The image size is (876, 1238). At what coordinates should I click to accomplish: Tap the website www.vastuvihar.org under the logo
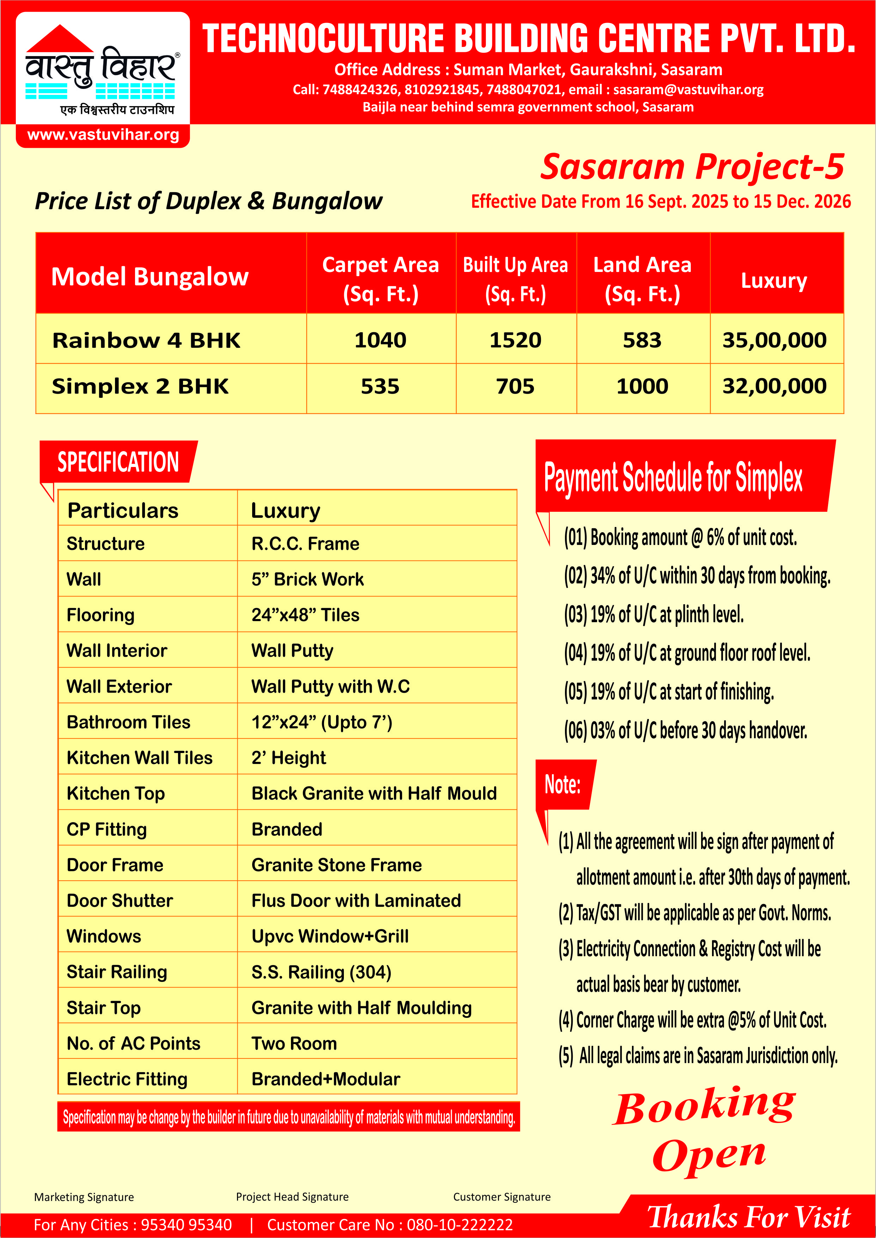tap(103, 134)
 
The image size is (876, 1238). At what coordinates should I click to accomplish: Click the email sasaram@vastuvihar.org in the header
tap(688, 90)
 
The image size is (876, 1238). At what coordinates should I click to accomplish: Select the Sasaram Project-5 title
tap(692, 167)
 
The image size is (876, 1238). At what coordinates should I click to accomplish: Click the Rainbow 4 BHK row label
tap(146, 340)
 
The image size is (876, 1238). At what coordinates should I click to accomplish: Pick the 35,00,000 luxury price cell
tap(774, 340)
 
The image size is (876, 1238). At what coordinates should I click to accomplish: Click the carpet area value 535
tap(380, 386)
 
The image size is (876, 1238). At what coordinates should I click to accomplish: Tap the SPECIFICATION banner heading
tap(118, 462)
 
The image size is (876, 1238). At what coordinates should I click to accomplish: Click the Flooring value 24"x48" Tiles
tap(305, 615)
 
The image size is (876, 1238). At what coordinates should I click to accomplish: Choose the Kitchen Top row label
tap(115, 794)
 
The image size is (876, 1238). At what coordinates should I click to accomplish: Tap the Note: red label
tap(562, 784)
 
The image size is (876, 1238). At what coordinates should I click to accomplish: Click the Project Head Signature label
tap(292, 1197)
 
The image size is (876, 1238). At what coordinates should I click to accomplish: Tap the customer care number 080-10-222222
tap(460, 1225)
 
